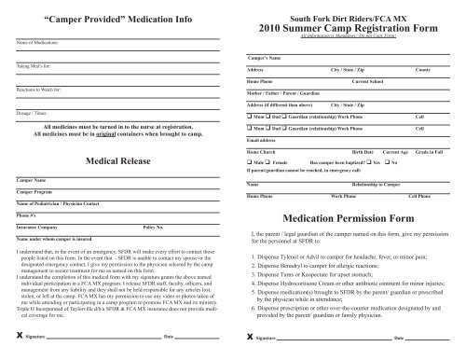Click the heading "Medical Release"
(119, 161)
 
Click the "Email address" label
(265, 138)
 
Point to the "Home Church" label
(265, 149)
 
